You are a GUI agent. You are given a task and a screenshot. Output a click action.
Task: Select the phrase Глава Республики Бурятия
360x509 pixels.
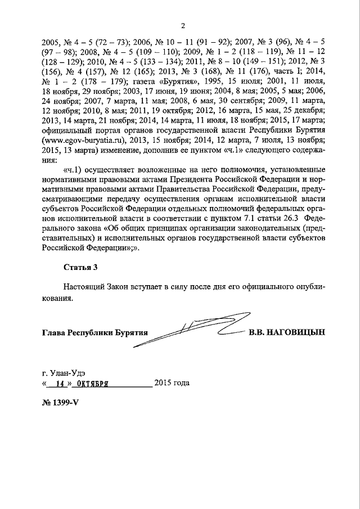(x=94, y=332)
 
